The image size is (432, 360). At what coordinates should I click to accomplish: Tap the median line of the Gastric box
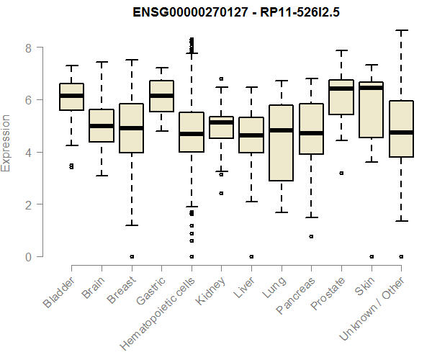[x=161, y=96]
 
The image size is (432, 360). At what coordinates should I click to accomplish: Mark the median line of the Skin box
[x=371, y=88]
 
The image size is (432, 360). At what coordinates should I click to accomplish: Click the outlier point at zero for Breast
[x=132, y=256]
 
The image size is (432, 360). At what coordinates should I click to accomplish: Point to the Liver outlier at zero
[x=251, y=256]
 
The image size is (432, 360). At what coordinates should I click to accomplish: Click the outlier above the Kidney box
[x=221, y=78]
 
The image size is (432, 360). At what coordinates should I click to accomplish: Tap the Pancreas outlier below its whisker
[x=311, y=236]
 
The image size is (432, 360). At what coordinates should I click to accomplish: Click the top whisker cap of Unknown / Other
[x=400, y=30]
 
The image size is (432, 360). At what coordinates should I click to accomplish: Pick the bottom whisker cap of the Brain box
[x=102, y=176]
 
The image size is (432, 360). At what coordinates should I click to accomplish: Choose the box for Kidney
[x=221, y=127]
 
